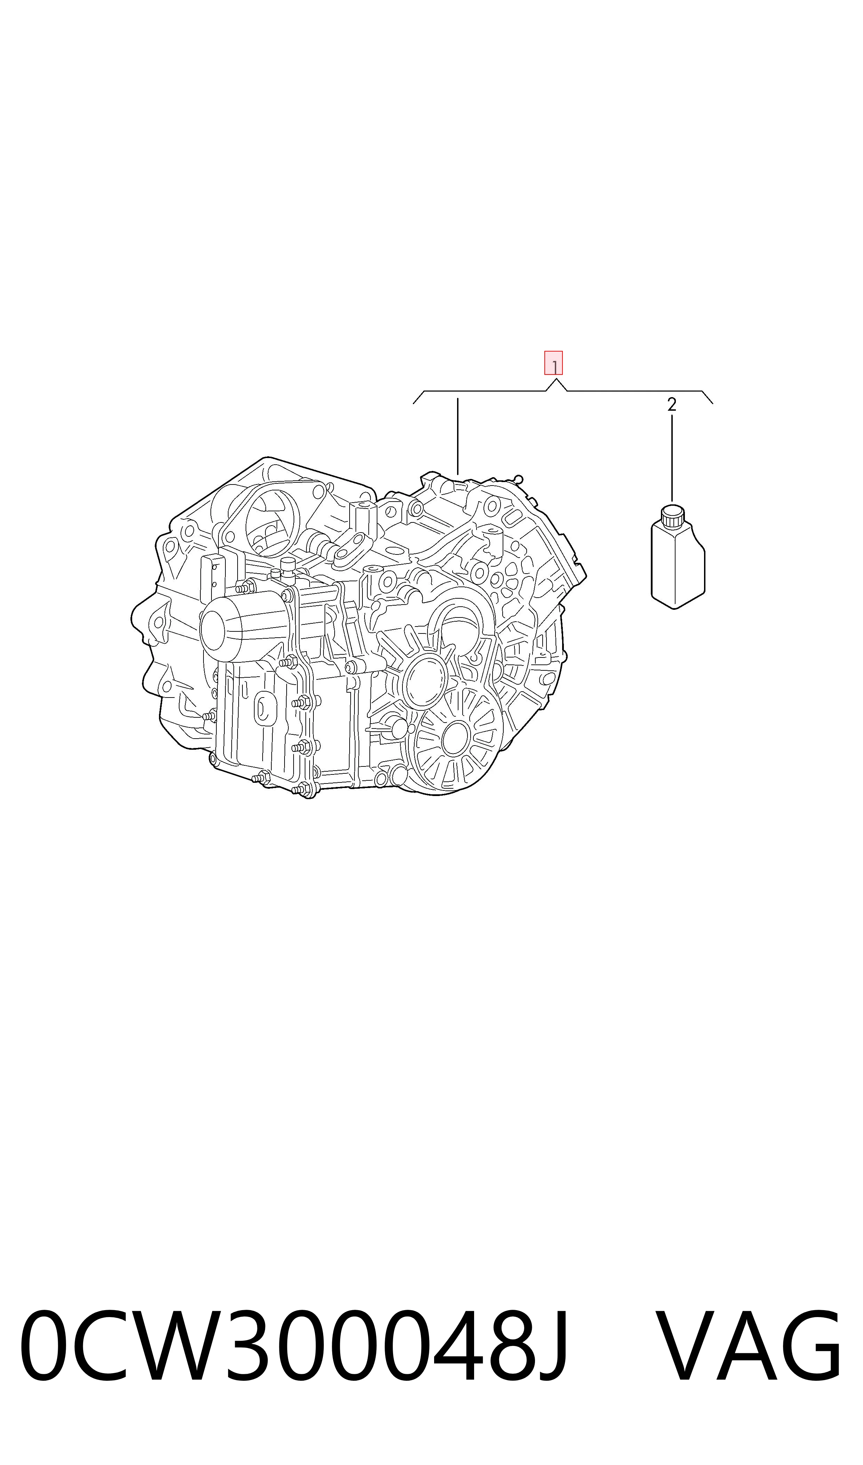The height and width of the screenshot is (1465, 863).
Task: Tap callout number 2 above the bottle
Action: coord(672,405)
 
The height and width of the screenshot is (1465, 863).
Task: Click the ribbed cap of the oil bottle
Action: coord(672,516)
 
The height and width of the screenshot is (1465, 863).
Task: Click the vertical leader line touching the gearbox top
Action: coord(458,436)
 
